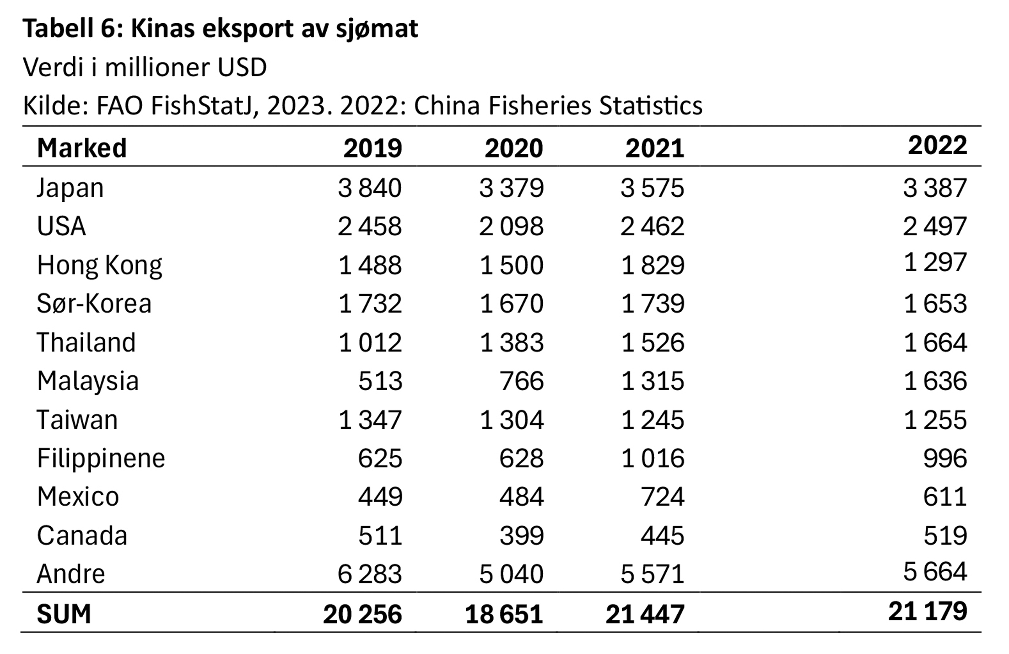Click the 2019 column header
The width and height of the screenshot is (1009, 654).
(x=372, y=148)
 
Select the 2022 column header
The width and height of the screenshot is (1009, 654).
(x=938, y=145)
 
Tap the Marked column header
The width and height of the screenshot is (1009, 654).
(x=82, y=148)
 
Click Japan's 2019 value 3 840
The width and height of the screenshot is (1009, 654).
(x=369, y=188)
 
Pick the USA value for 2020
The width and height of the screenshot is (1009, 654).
(x=511, y=226)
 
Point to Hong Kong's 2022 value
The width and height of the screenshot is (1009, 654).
(x=935, y=262)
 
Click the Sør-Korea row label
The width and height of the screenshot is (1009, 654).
(x=94, y=303)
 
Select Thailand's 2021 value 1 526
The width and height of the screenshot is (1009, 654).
(x=652, y=343)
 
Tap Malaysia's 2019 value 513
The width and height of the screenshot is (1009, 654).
(x=380, y=381)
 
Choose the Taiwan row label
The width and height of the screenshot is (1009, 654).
(x=77, y=420)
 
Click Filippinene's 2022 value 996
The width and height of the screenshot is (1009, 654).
(x=945, y=458)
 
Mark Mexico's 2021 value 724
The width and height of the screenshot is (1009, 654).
(x=662, y=496)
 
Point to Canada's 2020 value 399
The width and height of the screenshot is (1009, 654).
(x=521, y=535)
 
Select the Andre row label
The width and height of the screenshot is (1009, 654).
(x=71, y=574)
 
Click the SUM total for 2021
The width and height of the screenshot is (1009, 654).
(x=645, y=614)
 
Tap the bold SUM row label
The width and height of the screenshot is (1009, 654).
(x=64, y=614)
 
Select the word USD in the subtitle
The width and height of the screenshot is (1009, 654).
(x=242, y=67)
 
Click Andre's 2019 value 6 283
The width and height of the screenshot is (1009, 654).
(x=369, y=574)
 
